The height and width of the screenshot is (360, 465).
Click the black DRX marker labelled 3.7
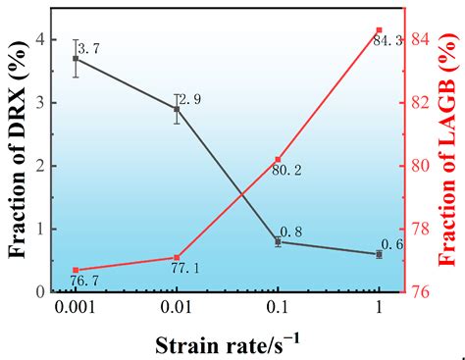[x=76, y=59]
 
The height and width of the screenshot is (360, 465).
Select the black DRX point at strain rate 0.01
[x=177, y=109]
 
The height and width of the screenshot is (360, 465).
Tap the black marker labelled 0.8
[x=278, y=241]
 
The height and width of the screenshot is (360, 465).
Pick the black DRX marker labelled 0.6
[x=379, y=254]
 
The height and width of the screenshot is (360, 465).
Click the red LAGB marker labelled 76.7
[x=76, y=270]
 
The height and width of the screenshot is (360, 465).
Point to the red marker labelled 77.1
[x=177, y=257]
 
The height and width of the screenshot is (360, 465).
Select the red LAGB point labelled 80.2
[x=278, y=160]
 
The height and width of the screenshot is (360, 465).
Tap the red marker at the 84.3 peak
[x=379, y=30]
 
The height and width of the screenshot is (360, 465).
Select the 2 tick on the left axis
[x=40, y=166]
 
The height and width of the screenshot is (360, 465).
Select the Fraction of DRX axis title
[x=17, y=162]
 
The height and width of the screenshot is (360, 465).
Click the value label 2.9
[x=192, y=100]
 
